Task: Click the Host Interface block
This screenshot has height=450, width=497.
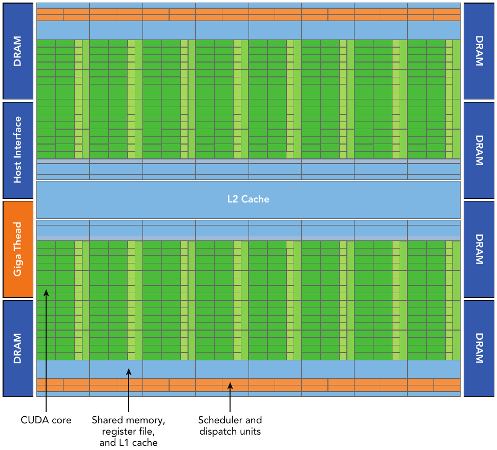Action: pos(18,150)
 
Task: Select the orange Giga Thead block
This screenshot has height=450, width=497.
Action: pos(18,249)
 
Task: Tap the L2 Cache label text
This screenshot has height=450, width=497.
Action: pos(248,199)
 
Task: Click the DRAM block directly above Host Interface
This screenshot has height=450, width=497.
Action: pos(18,51)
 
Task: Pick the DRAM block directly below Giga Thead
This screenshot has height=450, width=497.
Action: pos(18,348)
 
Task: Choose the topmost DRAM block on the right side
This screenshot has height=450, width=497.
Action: pos(479,51)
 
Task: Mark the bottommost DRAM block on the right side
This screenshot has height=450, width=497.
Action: pos(479,348)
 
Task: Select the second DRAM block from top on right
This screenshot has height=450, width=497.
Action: pos(479,150)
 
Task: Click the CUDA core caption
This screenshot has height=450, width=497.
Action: pos(46,420)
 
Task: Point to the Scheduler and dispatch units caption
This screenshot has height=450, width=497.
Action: pos(230,426)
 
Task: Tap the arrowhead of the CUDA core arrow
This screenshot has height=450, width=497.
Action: pos(46,292)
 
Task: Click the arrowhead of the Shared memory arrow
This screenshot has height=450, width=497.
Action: pos(129,371)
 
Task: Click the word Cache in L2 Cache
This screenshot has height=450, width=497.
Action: pos(256,199)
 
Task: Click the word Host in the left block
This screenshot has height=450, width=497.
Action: pos(18,173)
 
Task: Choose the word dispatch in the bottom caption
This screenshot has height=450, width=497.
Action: pos(217,432)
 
